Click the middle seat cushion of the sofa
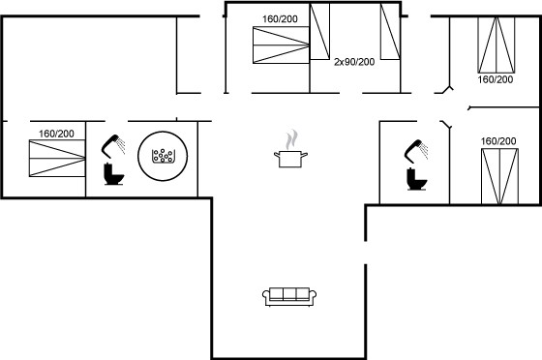289,294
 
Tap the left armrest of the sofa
265,296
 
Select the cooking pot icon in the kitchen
290,159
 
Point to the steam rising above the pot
291,139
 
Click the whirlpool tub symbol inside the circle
164,156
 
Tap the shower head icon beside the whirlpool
113,146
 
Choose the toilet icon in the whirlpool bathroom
114,174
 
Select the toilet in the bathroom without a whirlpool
417,179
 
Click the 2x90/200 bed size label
354,62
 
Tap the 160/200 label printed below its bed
496,79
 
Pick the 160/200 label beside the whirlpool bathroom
56,134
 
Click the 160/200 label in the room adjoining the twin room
280,19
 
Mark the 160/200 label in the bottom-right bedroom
498,141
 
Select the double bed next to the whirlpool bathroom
57,159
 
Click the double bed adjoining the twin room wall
281,45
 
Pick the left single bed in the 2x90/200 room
319,31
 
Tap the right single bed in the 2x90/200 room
391,31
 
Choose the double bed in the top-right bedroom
497,45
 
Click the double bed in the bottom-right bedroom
499,176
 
